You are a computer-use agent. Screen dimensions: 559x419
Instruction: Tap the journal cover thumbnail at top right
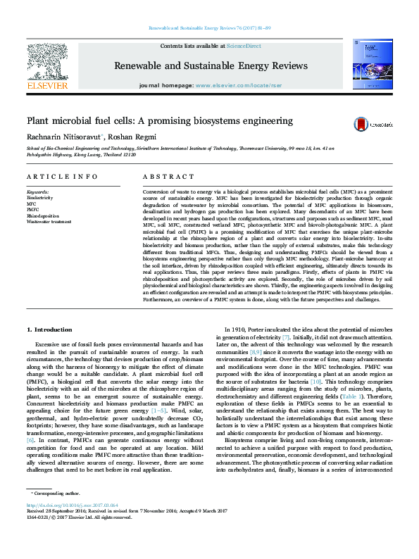374,66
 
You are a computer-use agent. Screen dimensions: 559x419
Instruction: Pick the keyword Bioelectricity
39,198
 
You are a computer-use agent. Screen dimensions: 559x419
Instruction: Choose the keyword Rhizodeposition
42,215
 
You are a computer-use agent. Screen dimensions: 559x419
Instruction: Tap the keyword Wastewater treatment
48,220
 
